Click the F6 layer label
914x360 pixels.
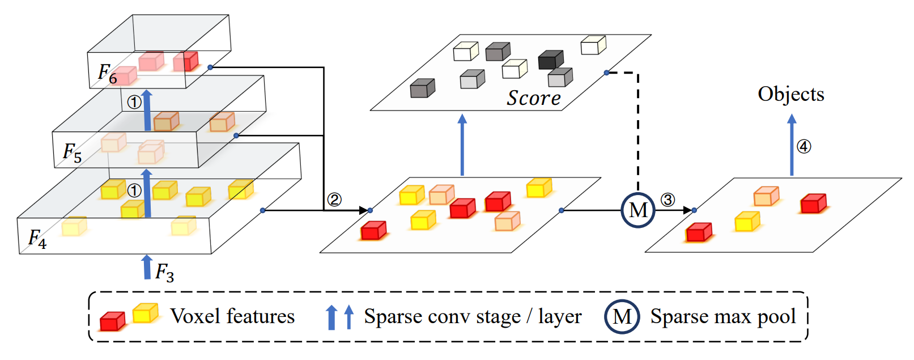click(x=107, y=74)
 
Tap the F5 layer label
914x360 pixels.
click(x=72, y=153)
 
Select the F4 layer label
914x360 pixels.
click(x=37, y=239)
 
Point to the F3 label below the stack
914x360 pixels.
click(x=164, y=272)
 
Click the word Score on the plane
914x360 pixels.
click(x=533, y=98)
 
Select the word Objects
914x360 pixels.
click(x=791, y=94)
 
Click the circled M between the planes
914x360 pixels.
click(x=638, y=210)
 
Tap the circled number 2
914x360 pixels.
click(x=334, y=200)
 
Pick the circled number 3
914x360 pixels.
click(x=668, y=200)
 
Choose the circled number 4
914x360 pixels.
click(x=804, y=146)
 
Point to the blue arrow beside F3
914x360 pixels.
click(x=147, y=267)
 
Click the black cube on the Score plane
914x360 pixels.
click(x=550, y=60)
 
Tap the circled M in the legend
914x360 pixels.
click(x=622, y=316)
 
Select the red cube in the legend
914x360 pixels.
click(x=112, y=321)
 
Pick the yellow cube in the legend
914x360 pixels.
click(x=145, y=313)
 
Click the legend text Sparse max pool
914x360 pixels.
click(x=723, y=316)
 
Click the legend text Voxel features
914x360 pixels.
click(x=232, y=316)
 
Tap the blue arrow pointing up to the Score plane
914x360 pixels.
click(x=462, y=145)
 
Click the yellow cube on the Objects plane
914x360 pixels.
click(x=747, y=222)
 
